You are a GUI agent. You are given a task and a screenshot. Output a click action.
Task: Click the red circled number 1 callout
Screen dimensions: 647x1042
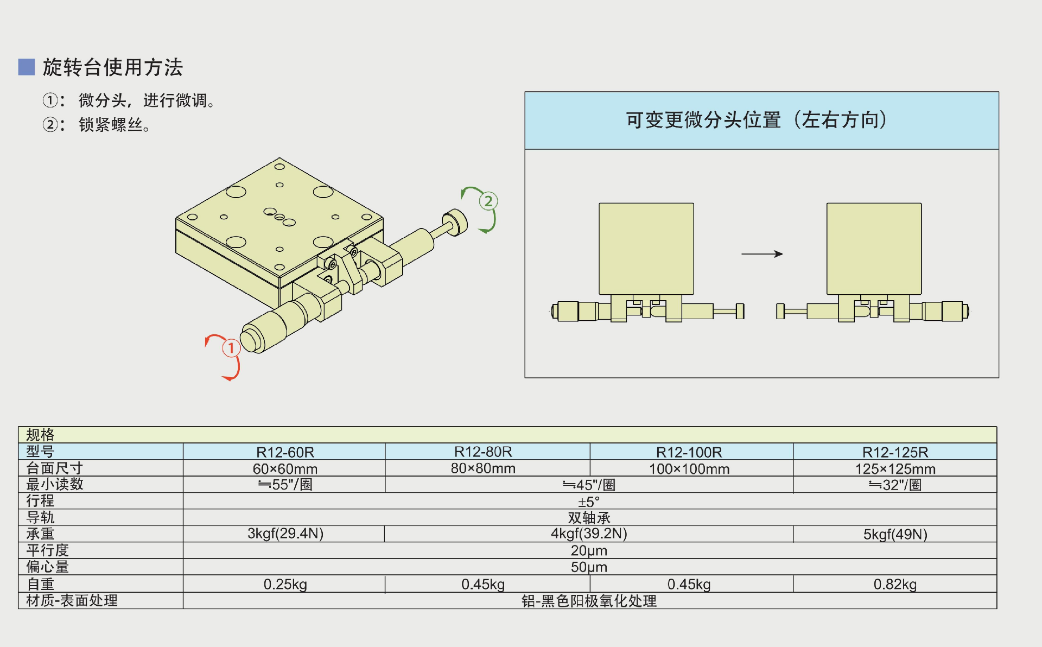click(231, 348)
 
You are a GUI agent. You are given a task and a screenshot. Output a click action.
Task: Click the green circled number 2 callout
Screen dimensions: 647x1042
click(488, 201)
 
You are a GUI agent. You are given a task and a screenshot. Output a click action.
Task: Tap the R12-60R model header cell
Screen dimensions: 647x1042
click(285, 452)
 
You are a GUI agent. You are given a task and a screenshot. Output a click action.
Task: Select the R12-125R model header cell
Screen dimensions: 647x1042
click(895, 452)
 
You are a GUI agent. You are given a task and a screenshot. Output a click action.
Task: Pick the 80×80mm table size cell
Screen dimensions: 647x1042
click(483, 468)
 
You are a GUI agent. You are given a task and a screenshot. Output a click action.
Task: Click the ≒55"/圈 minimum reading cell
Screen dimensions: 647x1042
click(285, 485)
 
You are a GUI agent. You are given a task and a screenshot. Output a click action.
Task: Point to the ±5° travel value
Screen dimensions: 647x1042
click(589, 502)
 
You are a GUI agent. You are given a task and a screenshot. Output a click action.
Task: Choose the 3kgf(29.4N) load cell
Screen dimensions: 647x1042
click(285, 534)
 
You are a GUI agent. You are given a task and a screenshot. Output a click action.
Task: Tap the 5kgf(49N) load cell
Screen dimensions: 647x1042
click(895, 534)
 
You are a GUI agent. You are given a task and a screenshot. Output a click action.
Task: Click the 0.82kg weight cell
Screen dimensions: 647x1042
click(895, 584)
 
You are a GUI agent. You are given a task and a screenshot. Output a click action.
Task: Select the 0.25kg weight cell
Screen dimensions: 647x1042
click(285, 584)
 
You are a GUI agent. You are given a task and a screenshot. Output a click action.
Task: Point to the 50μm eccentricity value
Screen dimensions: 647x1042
click(589, 567)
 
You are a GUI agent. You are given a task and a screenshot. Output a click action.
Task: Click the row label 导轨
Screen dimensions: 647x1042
click(40, 517)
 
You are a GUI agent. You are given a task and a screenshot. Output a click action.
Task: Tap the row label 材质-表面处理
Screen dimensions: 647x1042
click(72, 600)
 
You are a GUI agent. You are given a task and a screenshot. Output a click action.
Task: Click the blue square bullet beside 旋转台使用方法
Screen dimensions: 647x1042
click(27, 67)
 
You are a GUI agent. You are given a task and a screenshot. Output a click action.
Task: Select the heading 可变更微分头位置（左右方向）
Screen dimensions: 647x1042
click(757, 120)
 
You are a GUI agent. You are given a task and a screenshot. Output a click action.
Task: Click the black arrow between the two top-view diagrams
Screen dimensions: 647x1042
click(762, 253)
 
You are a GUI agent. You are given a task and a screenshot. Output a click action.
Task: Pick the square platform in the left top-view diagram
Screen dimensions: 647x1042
click(646, 249)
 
